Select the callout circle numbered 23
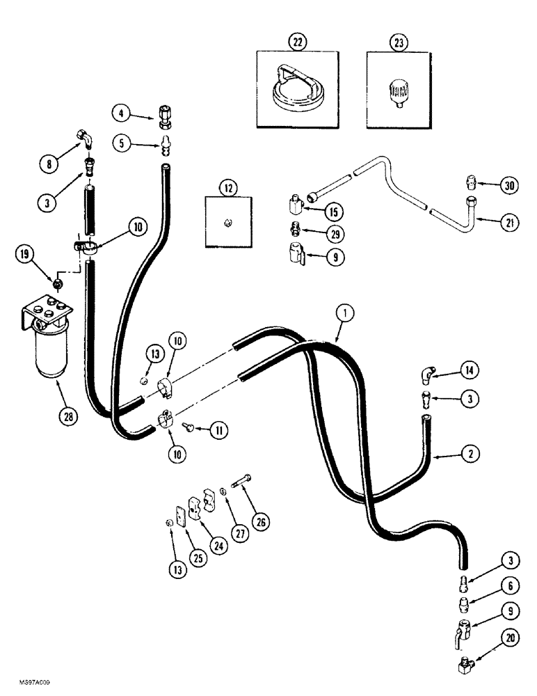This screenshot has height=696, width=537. click(x=399, y=42)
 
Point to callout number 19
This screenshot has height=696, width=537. click(x=24, y=255)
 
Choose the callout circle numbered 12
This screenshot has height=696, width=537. click(x=227, y=187)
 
